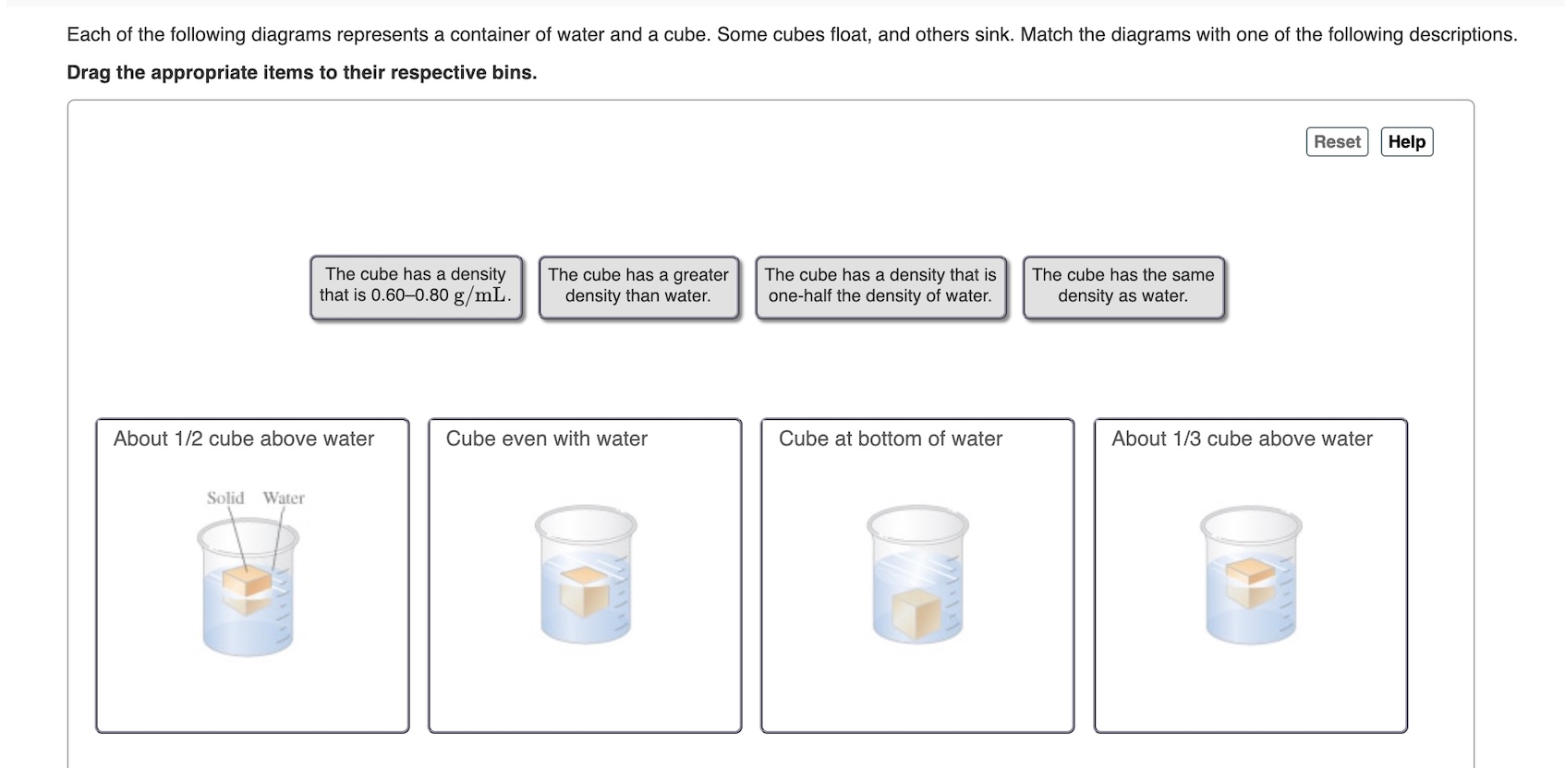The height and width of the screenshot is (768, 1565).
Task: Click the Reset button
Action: [1337, 142]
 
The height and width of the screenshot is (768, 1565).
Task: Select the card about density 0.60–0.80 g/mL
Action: [417, 288]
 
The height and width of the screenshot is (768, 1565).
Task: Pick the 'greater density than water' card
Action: [638, 288]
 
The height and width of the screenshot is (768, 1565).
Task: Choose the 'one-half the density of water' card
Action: [880, 288]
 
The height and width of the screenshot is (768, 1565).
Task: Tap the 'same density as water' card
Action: [1123, 288]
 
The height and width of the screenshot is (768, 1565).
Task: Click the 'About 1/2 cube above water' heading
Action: [244, 438]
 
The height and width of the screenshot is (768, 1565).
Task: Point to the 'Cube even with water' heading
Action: [546, 438]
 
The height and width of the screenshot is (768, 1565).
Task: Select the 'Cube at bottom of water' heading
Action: [890, 438]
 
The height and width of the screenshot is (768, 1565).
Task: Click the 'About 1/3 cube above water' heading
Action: [1242, 438]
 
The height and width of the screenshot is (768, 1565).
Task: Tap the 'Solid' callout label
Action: [225, 498]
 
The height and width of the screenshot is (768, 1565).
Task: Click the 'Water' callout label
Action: [284, 498]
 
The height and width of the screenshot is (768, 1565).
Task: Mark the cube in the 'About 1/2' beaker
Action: [248, 590]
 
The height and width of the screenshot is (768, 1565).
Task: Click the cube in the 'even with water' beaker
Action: [585, 592]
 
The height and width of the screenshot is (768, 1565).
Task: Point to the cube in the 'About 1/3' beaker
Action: [1251, 583]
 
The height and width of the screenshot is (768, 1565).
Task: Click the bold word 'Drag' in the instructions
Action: [89, 73]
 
